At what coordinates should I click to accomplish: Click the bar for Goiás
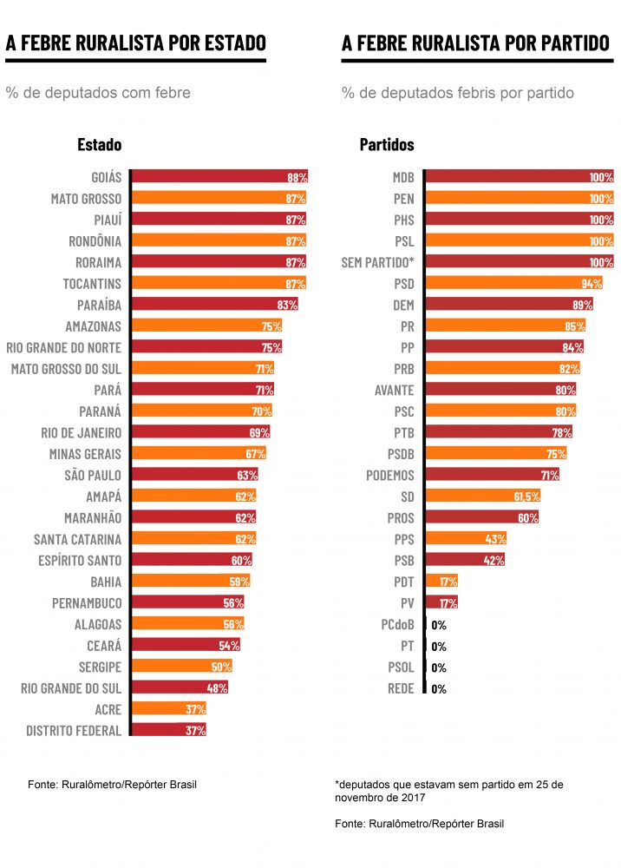pos(219,177)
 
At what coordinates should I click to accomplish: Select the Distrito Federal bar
pos(168,730)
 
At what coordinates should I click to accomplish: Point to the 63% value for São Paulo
pos(247,475)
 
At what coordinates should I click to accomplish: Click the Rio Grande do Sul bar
pos(180,687)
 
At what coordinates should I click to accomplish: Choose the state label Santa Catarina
pos(77,539)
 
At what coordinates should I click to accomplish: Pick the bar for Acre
pos(168,709)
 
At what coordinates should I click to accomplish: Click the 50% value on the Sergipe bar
pos(221,667)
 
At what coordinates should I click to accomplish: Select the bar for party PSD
pos(513,283)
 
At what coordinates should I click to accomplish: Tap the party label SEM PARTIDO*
pos(377,262)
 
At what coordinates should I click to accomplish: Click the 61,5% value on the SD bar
pos(526,496)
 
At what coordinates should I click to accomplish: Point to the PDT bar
pos(441,582)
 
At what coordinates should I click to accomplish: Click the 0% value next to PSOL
pos(439,667)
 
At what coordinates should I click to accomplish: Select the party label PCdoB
pos(397,625)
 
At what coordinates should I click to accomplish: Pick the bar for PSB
pos(465,560)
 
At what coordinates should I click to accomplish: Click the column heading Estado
pos(99,145)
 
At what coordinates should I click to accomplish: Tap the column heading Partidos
pos(387,145)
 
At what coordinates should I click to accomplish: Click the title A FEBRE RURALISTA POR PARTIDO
pos(475,43)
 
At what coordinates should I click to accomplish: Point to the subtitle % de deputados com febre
pos(98,93)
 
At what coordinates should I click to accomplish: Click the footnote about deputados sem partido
pos(448,790)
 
